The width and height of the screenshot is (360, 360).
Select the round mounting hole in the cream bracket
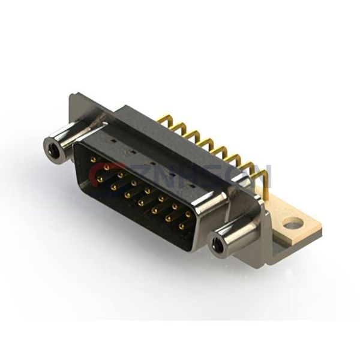(292, 225)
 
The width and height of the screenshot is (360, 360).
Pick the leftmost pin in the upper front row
(94, 159)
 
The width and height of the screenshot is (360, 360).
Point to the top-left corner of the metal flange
(73, 95)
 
